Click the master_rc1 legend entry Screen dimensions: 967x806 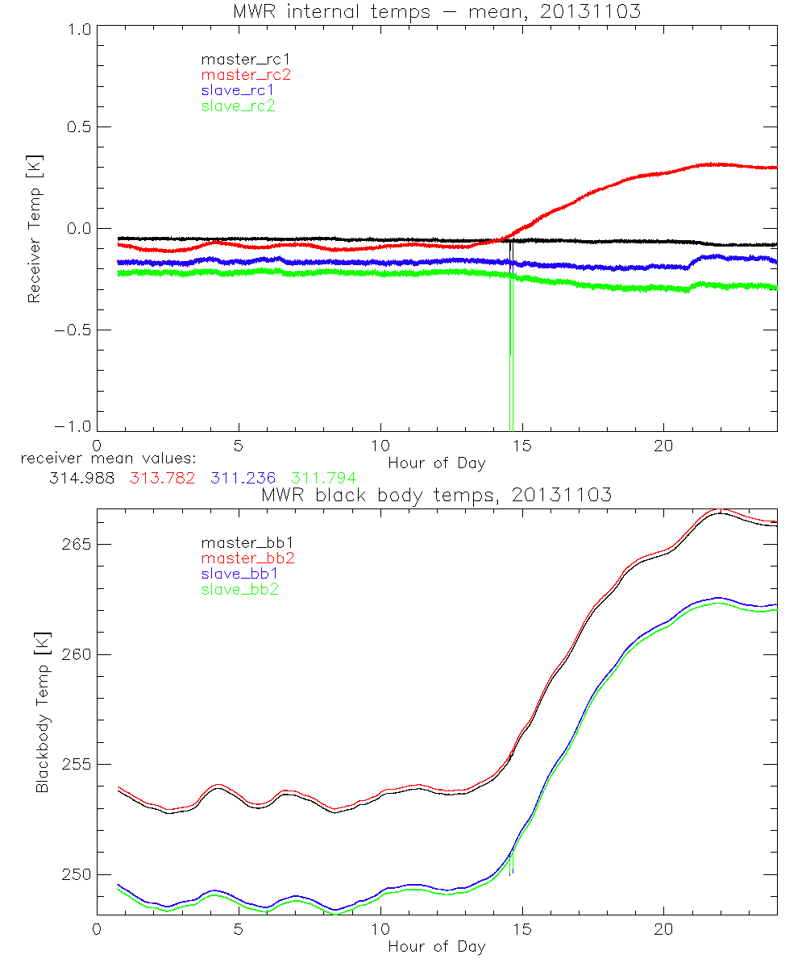(x=238, y=59)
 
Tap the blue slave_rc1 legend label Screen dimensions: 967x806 (x=238, y=90)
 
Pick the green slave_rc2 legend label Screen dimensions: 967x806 (x=238, y=106)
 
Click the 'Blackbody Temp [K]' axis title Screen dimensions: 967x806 (x=41, y=708)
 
